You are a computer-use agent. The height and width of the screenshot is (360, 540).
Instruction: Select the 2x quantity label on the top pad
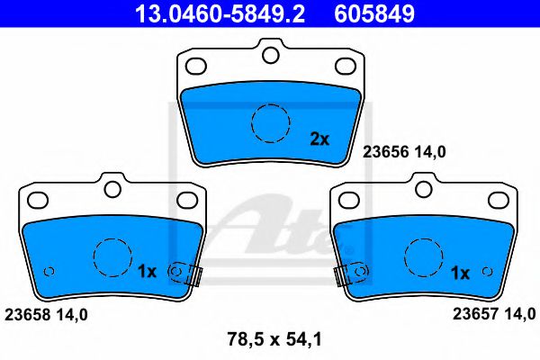(319, 139)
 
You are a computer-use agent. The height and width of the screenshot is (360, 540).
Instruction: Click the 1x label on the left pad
(148, 271)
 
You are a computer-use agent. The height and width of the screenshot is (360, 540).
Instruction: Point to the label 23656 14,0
(404, 152)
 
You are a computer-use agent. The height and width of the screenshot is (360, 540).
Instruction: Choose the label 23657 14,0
(493, 314)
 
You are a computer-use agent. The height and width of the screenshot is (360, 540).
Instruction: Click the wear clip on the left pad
(188, 272)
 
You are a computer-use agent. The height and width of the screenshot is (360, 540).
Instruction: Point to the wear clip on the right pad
(348, 272)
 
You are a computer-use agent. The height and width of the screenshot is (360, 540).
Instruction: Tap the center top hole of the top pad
(269, 55)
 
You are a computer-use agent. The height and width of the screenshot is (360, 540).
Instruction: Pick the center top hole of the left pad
(113, 189)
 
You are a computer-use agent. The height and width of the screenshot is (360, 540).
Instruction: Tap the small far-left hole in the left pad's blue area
(49, 271)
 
